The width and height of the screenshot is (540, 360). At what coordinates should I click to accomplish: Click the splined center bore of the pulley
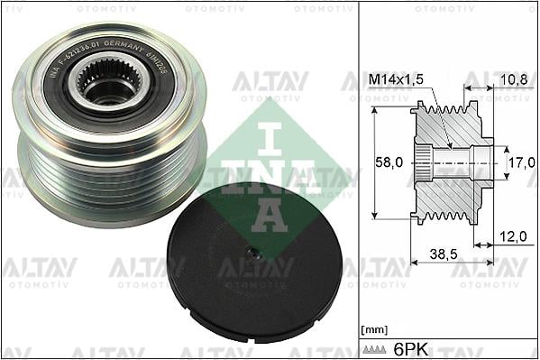pos(106,85)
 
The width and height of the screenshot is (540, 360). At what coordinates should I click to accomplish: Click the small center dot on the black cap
pos(256,255)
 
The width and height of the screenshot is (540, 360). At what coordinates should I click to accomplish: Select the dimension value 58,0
pos(389,163)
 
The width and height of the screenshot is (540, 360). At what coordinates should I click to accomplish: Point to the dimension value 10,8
pos(512,79)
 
